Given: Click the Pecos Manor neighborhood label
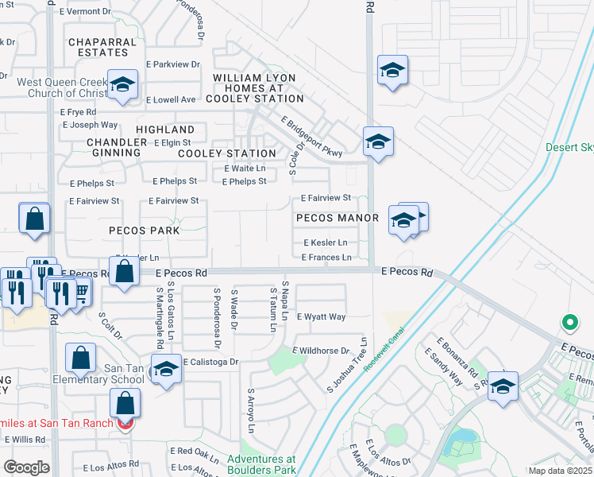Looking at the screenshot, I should [337, 217].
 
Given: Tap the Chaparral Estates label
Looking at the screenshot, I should [98, 47].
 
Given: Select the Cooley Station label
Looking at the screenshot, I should [227, 153].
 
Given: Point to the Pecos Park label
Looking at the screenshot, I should [145, 231].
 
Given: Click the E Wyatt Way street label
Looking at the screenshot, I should [321, 316].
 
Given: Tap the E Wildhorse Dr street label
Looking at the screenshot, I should [321, 351].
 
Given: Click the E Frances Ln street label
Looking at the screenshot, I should [326, 258].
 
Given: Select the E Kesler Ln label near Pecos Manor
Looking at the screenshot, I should [325, 242].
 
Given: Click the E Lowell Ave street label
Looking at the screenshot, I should [171, 100].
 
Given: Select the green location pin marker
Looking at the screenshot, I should [569, 323].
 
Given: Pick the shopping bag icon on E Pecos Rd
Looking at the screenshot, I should [125, 272].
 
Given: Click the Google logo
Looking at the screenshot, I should [27, 467].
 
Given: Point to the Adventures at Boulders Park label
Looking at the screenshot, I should [261, 464].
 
